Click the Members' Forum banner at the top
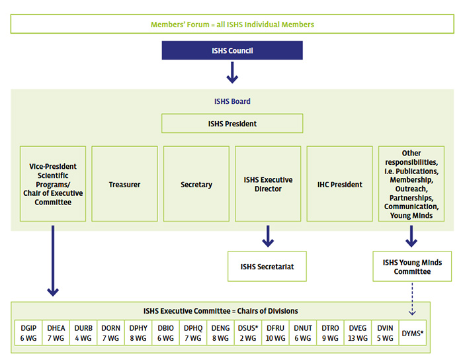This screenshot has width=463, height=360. [x=231, y=24]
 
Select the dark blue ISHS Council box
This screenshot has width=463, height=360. [x=232, y=50]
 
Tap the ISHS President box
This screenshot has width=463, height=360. [x=232, y=124]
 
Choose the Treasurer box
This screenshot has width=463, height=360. [x=124, y=184]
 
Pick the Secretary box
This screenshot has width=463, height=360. [x=196, y=184]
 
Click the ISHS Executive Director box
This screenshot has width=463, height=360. [x=268, y=184]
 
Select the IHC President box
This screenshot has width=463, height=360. [x=339, y=184]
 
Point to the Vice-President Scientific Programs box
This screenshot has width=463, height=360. [x=53, y=184]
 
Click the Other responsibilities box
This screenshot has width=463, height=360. [x=411, y=184]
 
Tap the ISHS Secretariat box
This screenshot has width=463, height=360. [x=267, y=267]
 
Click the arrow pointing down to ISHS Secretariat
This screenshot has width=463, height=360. [x=268, y=236]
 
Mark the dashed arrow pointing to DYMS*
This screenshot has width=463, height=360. [x=412, y=298]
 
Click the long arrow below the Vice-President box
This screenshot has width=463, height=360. [x=53, y=261]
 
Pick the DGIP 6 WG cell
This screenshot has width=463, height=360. [x=28, y=333]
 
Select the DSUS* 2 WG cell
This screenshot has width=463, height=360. [x=247, y=333]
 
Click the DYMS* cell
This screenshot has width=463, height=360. [x=412, y=333]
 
